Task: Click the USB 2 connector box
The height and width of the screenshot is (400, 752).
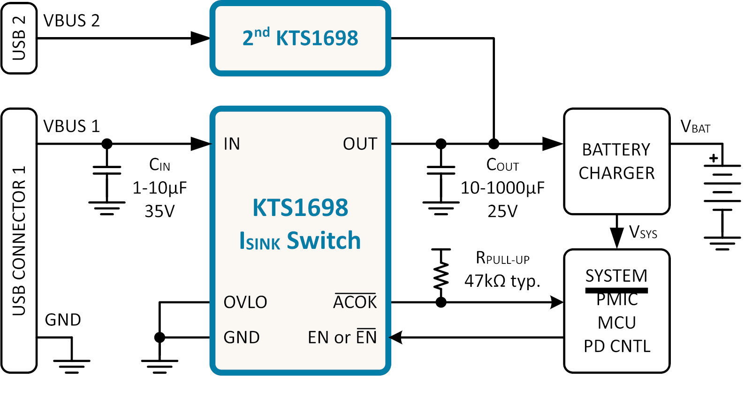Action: tap(19, 38)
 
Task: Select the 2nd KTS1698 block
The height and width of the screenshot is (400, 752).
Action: tap(300, 38)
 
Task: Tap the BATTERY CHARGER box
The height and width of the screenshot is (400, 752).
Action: tap(617, 161)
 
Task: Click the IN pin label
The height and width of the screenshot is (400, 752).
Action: tap(232, 144)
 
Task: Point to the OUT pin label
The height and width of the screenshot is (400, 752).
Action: tap(360, 144)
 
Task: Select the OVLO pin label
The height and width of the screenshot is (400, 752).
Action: tap(245, 302)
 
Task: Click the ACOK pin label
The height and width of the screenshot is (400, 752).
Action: tap(355, 301)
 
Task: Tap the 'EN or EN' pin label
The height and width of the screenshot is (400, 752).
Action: tap(342, 337)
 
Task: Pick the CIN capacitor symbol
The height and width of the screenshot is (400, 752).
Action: tap(107, 170)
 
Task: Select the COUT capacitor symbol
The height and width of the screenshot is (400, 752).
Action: tap(441, 170)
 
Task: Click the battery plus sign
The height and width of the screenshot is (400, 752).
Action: tap(714, 158)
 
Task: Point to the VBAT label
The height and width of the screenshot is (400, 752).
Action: tap(695, 127)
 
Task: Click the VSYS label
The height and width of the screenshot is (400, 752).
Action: tap(643, 232)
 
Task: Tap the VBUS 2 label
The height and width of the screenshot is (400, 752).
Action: tap(71, 21)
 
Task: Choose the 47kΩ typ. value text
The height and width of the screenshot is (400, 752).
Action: tap(502, 281)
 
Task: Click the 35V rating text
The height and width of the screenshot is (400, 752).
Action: tap(160, 212)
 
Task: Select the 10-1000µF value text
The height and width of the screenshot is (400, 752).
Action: tap(502, 188)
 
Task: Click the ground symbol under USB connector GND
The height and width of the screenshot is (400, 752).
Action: tap(71, 367)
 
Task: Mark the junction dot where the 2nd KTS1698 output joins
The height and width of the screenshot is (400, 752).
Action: tap(494, 144)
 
